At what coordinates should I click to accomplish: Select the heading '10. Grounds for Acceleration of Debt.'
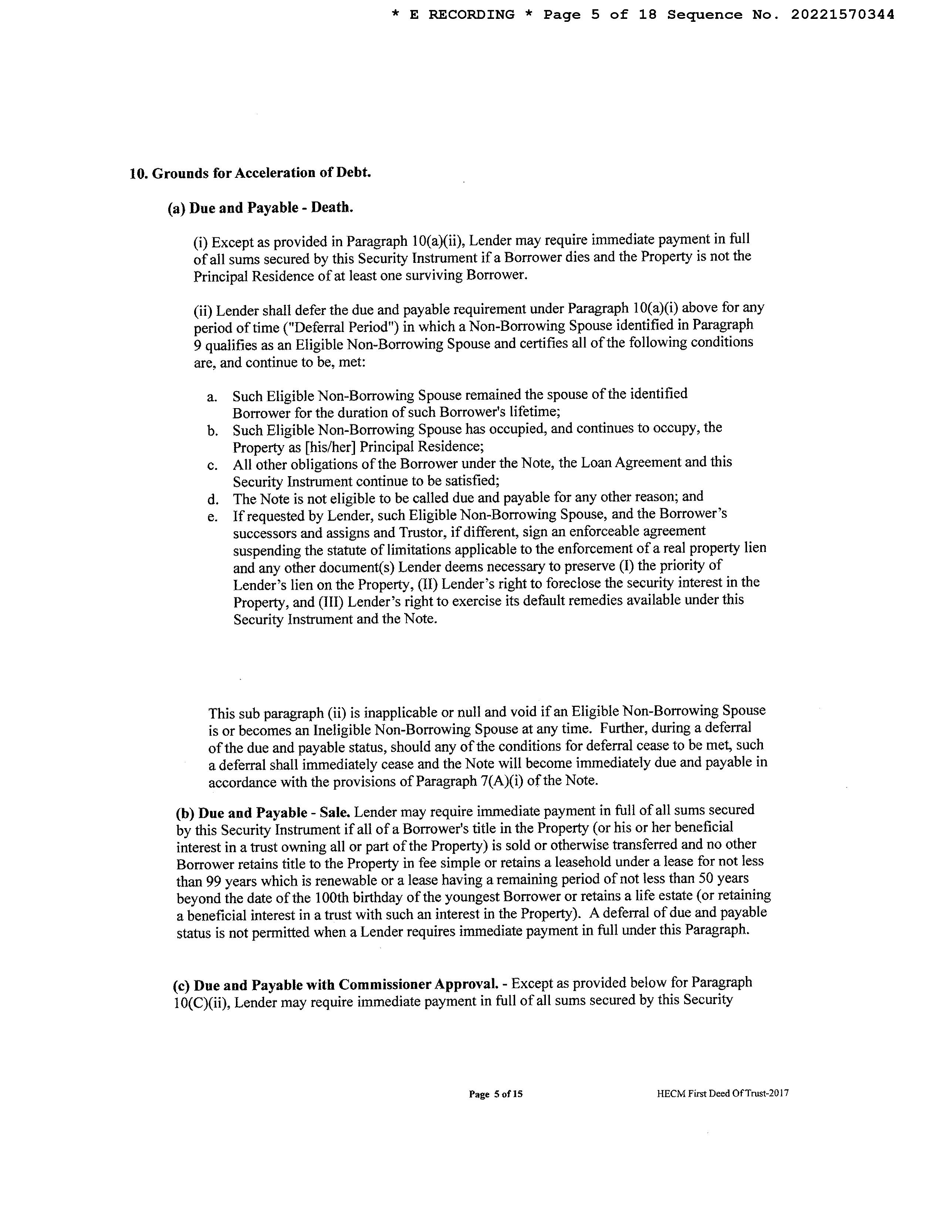click(x=250, y=173)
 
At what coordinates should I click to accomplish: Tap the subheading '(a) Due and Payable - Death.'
click(x=260, y=209)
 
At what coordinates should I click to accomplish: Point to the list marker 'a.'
click(x=212, y=397)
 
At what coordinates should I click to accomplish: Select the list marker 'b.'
click(x=212, y=431)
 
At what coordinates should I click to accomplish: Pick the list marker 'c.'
click(x=212, y=465)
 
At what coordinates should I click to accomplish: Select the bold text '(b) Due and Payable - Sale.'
click(x=263, y=813)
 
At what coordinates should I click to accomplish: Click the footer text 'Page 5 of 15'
click(x=496, y=1110)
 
